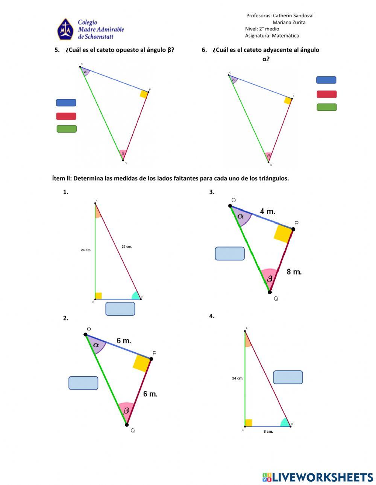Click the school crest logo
pos(65,29)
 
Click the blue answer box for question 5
pos(66,103)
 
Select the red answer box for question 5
pos(66,116)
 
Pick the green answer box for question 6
pos(326,107)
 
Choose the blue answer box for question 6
pos(326,80)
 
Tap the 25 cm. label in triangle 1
pos(127,247)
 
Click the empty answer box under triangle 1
pos(120,309)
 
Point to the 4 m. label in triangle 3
pos(267,212)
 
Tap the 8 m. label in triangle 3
pos(294,272)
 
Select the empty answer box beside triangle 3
pos(230,254)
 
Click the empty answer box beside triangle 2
pos(83,383)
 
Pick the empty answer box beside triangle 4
pos(288,377)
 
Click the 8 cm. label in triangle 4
pos(268,432)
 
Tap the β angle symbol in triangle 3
pos(270,279)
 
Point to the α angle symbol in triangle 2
pos(96,344)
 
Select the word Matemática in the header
pos(285,36)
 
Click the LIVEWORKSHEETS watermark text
pos(323,477)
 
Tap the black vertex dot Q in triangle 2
pos(127,425)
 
